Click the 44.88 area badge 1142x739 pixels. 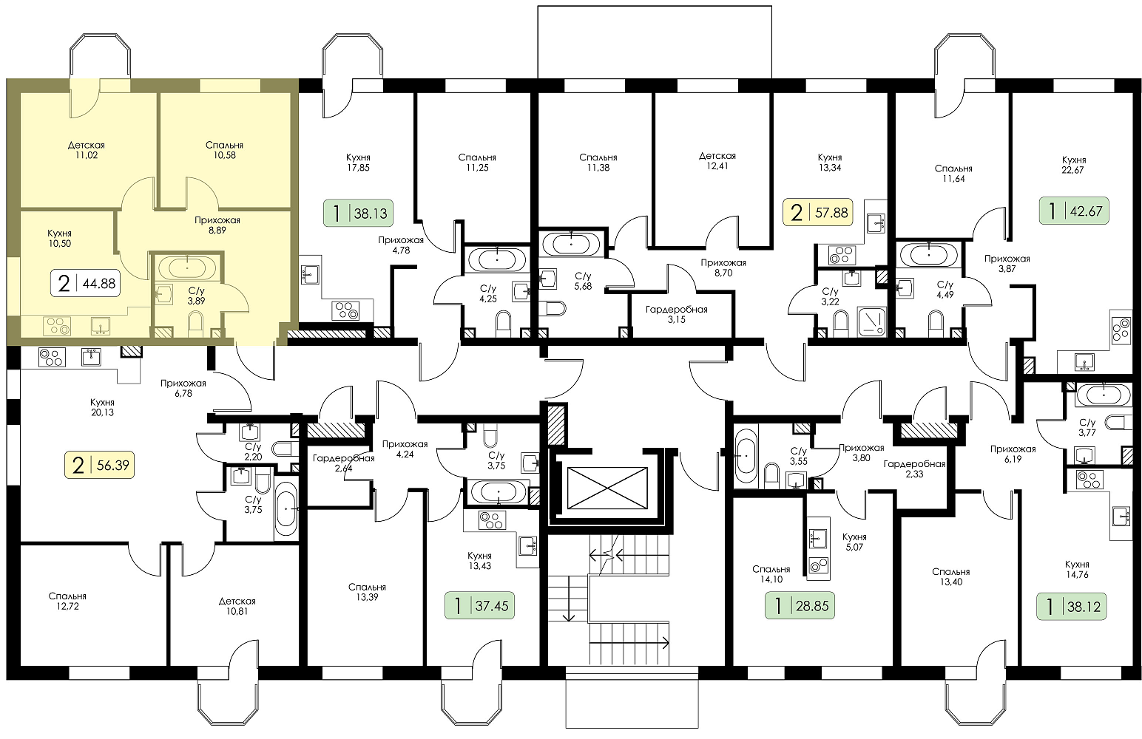86,284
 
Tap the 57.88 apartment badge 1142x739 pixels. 819,212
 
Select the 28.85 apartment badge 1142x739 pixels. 800,606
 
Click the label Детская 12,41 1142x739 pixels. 717,161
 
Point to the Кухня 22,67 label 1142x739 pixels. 1074,165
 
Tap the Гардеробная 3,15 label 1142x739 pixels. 677,314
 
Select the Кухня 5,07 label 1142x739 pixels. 854,542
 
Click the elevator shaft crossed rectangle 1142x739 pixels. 607,488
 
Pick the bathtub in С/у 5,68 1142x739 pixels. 571,244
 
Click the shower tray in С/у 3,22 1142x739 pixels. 872,321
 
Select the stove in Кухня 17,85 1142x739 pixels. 345,310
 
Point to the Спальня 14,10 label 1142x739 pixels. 771,574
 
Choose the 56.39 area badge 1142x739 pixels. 99,466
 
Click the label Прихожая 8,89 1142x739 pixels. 217,225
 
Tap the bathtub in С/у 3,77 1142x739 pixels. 1104,395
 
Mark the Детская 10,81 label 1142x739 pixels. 237,606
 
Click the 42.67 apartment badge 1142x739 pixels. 1074,211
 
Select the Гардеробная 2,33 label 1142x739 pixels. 914,469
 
